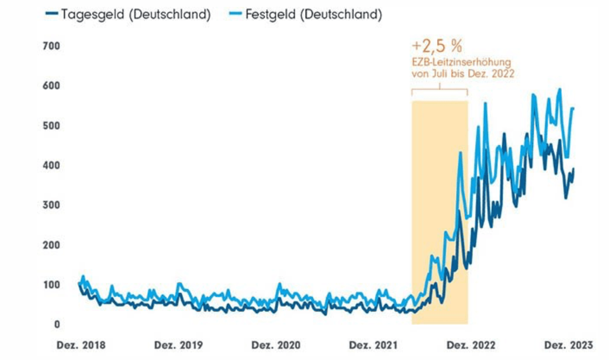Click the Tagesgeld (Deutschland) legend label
click(x=135, y=15)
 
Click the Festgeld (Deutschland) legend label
click(x=314, y=15)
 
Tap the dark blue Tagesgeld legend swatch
click(x=51, y=15)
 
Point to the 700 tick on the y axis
click(x=51, y=46)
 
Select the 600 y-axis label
click(x=51, y=86)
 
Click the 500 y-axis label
click(x=51, y=126)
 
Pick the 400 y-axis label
click(x=51, y=165)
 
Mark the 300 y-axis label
click(x=51, y=205)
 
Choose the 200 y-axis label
click(x=51, y=245)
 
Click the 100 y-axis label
click(x=51, y=285)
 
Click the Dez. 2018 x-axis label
click(x=81, y=345)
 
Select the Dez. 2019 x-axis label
click(x=179, y=345)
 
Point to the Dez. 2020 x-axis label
click(x=276, y=345)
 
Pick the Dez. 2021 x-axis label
click(x=374, y=345)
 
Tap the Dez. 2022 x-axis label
click(x=471, y=345)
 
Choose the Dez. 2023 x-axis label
click(x=568, y=345)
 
